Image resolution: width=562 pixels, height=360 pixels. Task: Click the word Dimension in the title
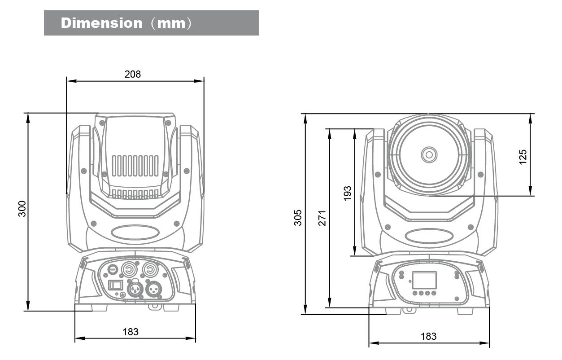pos(101,23)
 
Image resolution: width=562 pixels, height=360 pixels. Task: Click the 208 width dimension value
pos(132,74)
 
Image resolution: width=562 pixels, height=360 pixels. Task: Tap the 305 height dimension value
pos(298,217)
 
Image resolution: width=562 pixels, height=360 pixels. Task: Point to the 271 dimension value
pos(322,217)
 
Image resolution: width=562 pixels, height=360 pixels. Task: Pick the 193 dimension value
pos(347,193)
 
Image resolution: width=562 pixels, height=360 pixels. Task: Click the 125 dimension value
pos(523,157)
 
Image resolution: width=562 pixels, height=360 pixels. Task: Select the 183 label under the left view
pos(131,332)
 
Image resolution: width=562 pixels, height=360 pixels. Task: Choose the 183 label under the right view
pos(428,336)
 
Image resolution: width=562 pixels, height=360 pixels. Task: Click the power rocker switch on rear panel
pos(116,285)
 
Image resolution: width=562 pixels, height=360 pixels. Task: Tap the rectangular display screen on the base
pos(424,280)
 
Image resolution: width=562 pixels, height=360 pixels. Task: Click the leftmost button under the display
pos(415,293)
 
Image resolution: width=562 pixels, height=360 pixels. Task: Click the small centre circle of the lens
pos(429,155)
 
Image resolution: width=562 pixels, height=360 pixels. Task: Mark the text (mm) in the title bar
pos(170,23)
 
